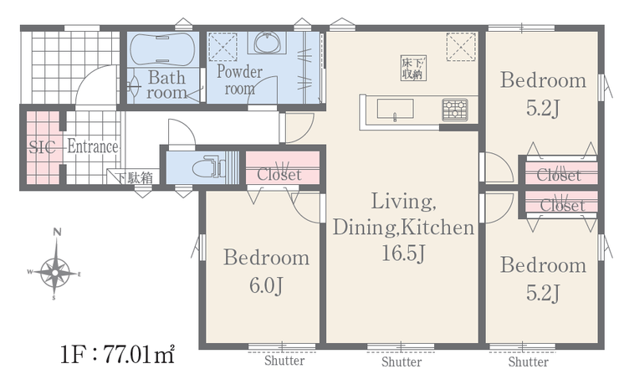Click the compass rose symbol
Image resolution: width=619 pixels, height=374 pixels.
[54, 272]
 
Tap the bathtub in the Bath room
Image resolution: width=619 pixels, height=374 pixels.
[162, 49]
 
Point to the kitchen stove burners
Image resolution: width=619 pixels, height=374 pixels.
[455, 110]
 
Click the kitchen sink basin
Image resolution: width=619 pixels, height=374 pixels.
[395, 109]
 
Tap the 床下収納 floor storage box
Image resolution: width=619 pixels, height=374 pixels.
[413, 68]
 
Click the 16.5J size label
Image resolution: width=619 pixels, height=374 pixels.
[403, 254]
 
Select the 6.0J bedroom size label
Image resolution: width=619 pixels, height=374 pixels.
[267, 285]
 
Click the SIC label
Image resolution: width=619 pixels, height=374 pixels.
[42, 147]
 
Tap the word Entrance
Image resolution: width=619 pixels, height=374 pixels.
[93, 146]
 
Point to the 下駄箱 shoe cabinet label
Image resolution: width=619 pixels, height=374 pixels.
[134, 177]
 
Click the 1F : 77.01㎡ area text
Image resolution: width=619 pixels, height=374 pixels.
[118, 354]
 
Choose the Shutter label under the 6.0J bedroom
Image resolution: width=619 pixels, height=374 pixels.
[284, 361]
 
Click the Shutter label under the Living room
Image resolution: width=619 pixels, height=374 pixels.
[402, 361]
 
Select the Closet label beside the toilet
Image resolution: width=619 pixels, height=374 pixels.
[279, 174]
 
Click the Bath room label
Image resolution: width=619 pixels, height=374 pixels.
[166, 85]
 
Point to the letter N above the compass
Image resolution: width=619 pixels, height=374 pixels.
[58, 232]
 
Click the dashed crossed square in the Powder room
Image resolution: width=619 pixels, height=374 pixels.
[223, 47]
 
